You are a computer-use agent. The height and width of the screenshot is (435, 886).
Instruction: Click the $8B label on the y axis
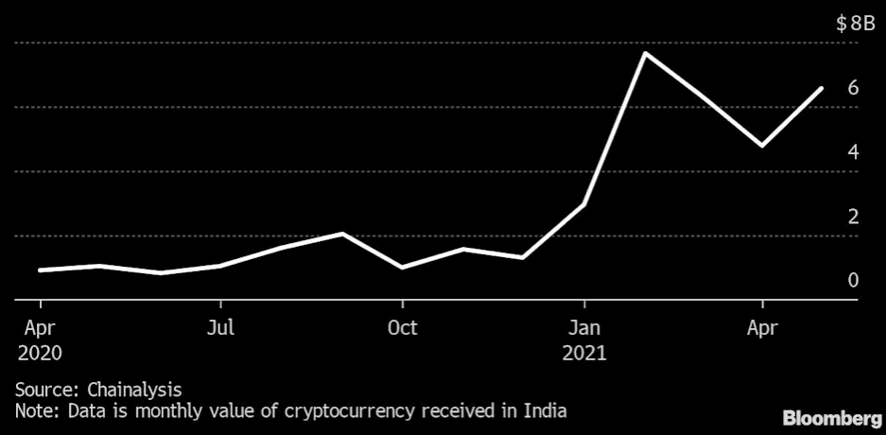pyautogui.click(x=855, y=25)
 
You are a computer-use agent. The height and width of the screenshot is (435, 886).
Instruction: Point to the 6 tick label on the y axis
pyautogui.click(x=853, y=88)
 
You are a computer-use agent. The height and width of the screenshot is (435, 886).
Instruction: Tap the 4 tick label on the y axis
pyautogui.click(x=853, y=151)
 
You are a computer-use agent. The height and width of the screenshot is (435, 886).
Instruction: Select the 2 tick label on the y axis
pyautogui.click(x=853, y=217)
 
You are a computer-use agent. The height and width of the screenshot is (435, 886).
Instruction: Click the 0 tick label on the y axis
pyautogui.click(x=853, y=280)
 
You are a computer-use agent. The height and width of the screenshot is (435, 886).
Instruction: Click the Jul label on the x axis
pyautogui.click(x=220, y=328)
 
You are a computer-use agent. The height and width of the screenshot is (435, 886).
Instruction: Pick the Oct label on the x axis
pyautogui.click(x=403, y=328)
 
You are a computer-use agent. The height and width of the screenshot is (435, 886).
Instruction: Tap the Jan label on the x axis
pyautogui.click(x=584, y=328)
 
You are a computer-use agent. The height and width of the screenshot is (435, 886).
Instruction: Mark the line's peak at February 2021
pyautogui.click(x=644, y=53)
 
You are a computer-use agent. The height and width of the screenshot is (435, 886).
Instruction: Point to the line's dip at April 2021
pyautogui.click(x=762, y=146)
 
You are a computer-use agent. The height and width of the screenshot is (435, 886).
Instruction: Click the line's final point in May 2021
pyautogui.click(x=822, y=88)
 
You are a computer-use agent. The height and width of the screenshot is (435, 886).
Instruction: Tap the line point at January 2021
pyautogui.click(x=584, y=204)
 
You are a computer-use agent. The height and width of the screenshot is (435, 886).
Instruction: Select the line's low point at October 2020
pyautogui.click(x=403, y=268)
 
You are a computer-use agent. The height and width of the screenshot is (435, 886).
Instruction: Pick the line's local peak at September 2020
pyautogui.click(x=343, y=234)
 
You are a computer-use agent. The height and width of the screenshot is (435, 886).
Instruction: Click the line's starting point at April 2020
pyautogui.click(x=40, y=270)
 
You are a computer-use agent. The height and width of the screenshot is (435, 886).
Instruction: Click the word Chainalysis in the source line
pyautogui.click(x=134, y=389)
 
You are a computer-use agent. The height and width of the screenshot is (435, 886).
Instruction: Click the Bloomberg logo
pyautogui.click(x=829, y=417)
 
